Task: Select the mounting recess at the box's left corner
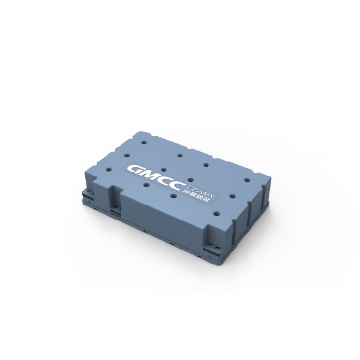coord(89,187)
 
